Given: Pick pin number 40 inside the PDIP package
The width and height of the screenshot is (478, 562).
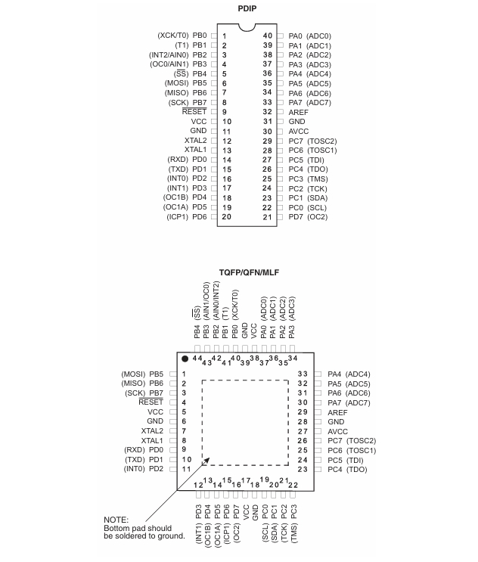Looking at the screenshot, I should [x=268, y=36].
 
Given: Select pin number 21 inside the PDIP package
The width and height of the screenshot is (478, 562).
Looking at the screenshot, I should [x=268, y=217].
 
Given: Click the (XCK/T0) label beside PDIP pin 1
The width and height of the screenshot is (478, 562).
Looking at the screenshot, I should [x=172, y=36].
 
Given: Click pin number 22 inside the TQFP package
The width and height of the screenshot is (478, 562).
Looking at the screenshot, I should [x=293, y=485].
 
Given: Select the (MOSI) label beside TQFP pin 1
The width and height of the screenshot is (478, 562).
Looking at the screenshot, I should [x=132, y=374].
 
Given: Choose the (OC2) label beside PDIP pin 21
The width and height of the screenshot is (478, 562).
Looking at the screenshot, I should [x=318, y=217].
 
